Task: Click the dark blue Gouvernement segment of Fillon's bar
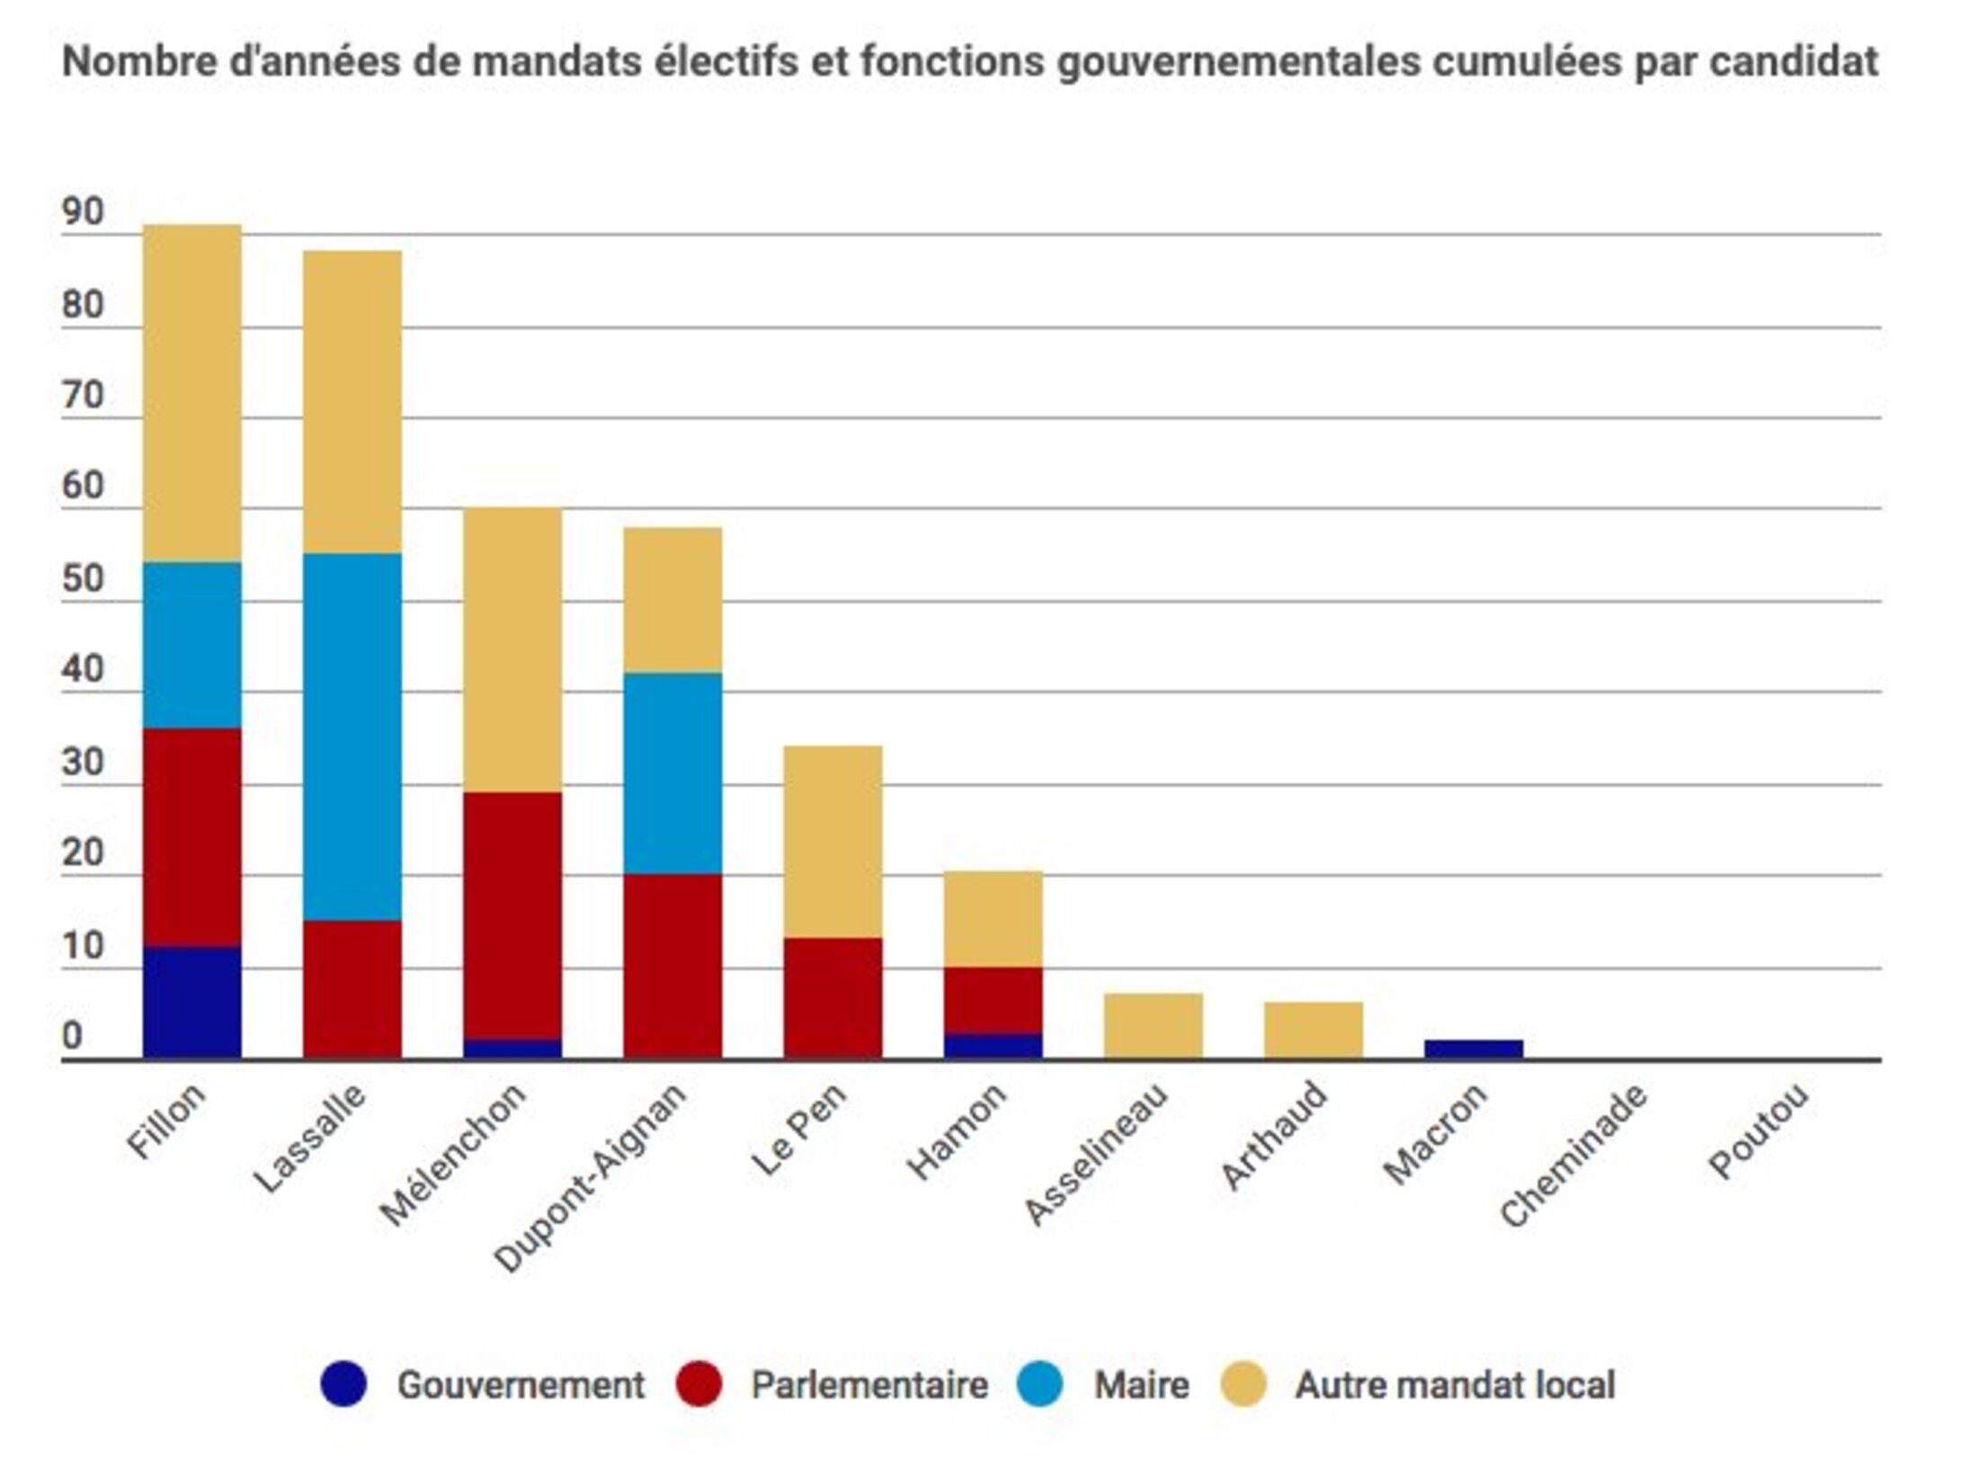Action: pos(192,1003)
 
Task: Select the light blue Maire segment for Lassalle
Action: pos(352,737)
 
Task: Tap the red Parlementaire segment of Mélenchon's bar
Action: pos(512,916)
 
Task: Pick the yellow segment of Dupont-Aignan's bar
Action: pos(673,600)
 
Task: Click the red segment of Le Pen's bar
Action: pos(833,998)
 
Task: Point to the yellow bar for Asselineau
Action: pos(1153,1026)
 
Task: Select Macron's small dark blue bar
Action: pos(1474,1050)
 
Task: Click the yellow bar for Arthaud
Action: pos(1313,1031)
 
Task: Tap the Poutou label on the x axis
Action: pos(1758,1132)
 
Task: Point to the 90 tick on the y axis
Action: pos(83,212)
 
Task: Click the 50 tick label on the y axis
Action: pos(83,579)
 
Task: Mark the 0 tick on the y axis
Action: pos(72,1037)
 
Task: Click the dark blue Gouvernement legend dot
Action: pos(343,1384)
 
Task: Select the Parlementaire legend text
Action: pos(869,1385)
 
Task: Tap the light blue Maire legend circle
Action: pos(1040,1384)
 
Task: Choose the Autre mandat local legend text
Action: pos(1455,1385)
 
